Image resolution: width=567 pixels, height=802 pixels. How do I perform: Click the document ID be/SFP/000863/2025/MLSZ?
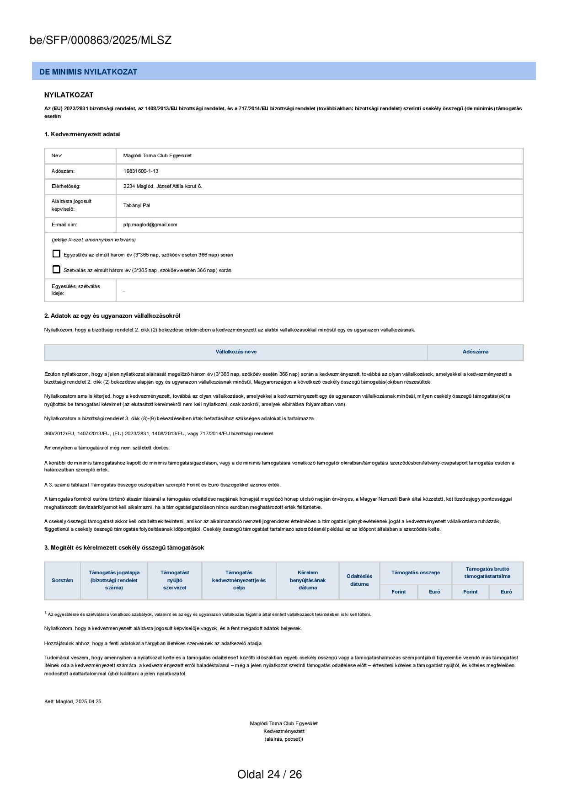pyautogui.click(x=101, y=40)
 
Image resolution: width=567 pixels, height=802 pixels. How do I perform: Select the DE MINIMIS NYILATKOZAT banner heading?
pyautogui.click(x=88, y=72)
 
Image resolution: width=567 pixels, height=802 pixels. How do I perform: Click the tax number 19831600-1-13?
pyautogui.click(x=141, y=171)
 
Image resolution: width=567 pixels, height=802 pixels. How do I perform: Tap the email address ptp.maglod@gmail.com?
pyautogui.click(x=150, y=225)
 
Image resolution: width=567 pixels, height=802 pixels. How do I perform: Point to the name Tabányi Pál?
pyautogui.click(x=137, y=205)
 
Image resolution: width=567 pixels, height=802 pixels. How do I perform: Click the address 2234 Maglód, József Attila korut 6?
pyautogui.click(x=162, y=186)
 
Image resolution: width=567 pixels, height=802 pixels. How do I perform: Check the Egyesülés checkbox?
pyautogui.click(x=56, y=254)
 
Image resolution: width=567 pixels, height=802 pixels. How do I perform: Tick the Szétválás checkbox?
pyautogui.click(x=56, y=269)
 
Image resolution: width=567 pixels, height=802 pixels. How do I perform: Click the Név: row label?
pyautogui.click(x=57, y=155)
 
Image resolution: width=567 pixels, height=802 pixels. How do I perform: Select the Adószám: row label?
pyautogui.click(x=63, y=171)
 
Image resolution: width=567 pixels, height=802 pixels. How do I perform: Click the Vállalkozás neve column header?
pyautogui.click(x=236, y=352)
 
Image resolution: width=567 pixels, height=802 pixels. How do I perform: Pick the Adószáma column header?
pyautogui.click(x=475, y=352)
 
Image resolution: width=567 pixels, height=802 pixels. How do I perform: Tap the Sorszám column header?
pyautogui.click(x=62, y=580)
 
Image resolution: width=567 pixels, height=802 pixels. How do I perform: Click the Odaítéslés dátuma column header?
pyautogui.click(x=359, y=580)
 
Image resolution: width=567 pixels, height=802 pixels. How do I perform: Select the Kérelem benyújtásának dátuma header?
pyautogui.click(x=307, y=580)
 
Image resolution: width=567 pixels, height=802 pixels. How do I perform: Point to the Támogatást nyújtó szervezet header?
pyautogui.click(x=175, y=580)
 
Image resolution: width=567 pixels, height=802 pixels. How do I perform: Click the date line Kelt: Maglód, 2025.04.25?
pyautogui.click(x=74, y=701)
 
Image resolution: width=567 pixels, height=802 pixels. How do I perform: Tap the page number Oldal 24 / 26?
pyautogui.click(x=269, y=774)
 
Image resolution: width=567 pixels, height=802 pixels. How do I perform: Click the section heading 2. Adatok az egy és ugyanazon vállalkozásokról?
pyautogui.click(x=112, y=316)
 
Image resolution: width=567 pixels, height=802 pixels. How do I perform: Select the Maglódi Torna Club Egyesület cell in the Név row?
pyautogui.click(x=157, y=155)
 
